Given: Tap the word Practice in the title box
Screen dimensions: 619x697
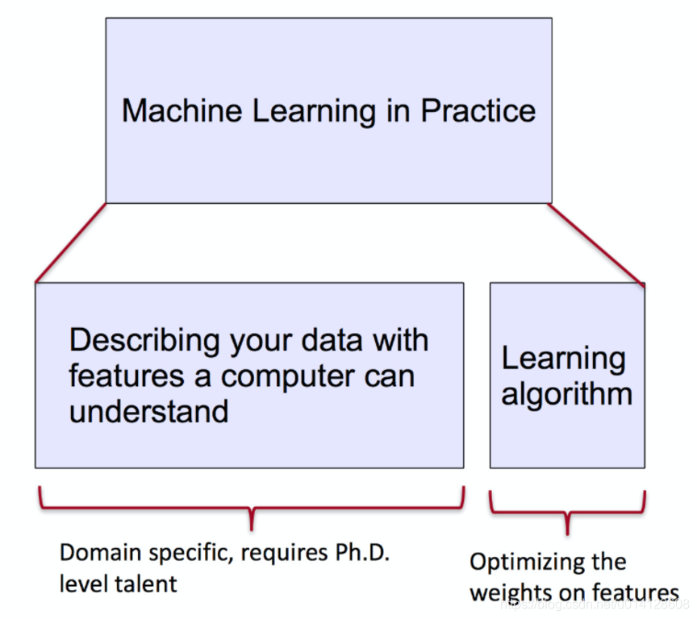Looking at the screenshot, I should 478,110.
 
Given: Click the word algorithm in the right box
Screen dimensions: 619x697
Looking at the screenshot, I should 566,395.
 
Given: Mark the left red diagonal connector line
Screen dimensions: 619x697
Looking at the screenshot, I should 70,243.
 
